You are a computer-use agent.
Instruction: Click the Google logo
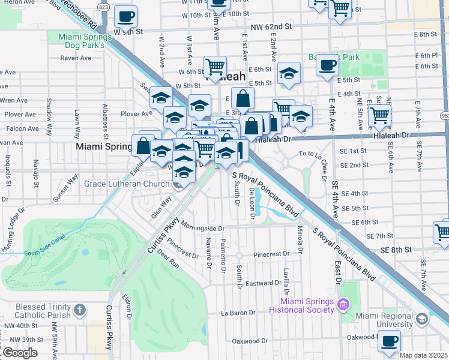pyautogui.click(x=20, y=353)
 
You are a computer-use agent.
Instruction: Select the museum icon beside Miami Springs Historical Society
pyautogui.click(x=343, y=305)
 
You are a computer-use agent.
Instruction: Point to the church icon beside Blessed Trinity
pyautogui.click(x=80, y=310)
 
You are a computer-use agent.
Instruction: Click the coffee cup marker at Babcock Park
pyautogui.click(x=327, y=64)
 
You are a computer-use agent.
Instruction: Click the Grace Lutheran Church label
pyautogui.click(x=127, y=184)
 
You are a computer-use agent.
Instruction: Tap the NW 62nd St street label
pyautogui.click(x=271, y=27)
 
